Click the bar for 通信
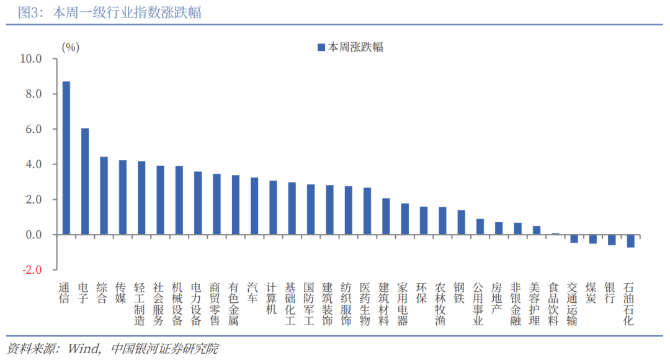66,158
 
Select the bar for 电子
85,182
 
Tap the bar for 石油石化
630,241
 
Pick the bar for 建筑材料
386,217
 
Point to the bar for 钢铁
461,223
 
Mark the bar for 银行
612,240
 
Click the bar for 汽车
254,206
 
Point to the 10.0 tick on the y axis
31,59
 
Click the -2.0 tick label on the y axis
31,270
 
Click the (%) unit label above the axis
70,47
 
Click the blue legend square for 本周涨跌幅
321,47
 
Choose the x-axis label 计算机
272,299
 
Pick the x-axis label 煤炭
592,294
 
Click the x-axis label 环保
423,294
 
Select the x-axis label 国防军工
310,304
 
